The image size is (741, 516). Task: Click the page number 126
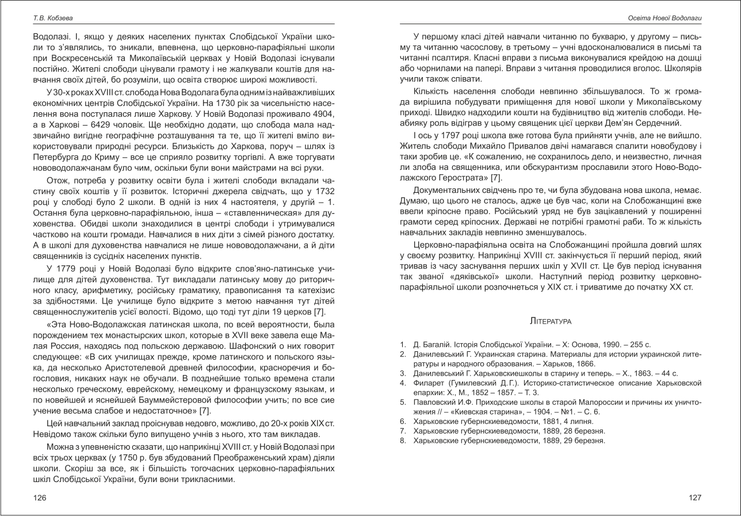[x=40, y=498]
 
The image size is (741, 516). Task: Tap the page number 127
[x=695, y=498]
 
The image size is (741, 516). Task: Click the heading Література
[x=551, y=320]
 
